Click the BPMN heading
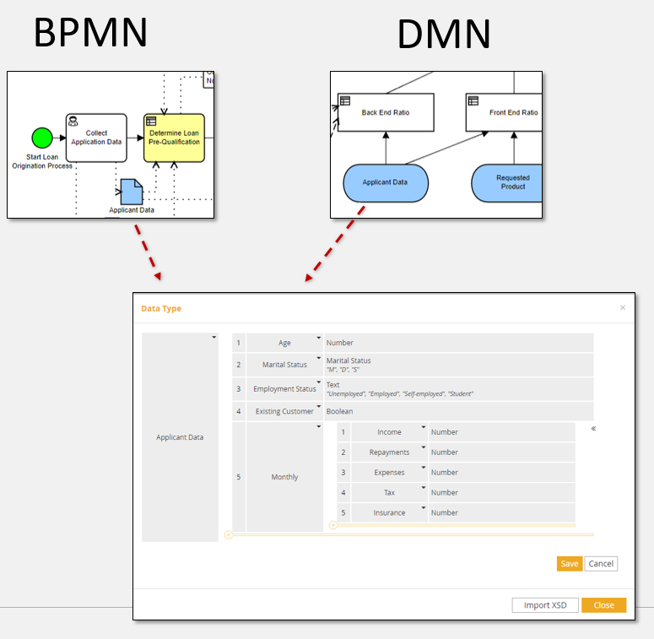coord(90,33)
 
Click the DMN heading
coord(443,34)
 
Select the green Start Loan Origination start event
coord(41,138)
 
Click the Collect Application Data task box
coord(97,138)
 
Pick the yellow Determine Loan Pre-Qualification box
coord(174,137)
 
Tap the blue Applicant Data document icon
coord(131,192)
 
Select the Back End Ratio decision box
coord(385,112)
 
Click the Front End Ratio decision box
coord(504,112)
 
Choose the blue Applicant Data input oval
coord(385,182)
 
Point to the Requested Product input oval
coord(507,182)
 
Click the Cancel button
coord(601,564)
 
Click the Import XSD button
coord(545,605)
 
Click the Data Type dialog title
coord(161,309)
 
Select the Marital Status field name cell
coord(284,365)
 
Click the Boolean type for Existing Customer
coord(340,411)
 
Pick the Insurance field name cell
coord(389,512)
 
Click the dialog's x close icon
coord(623,308)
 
